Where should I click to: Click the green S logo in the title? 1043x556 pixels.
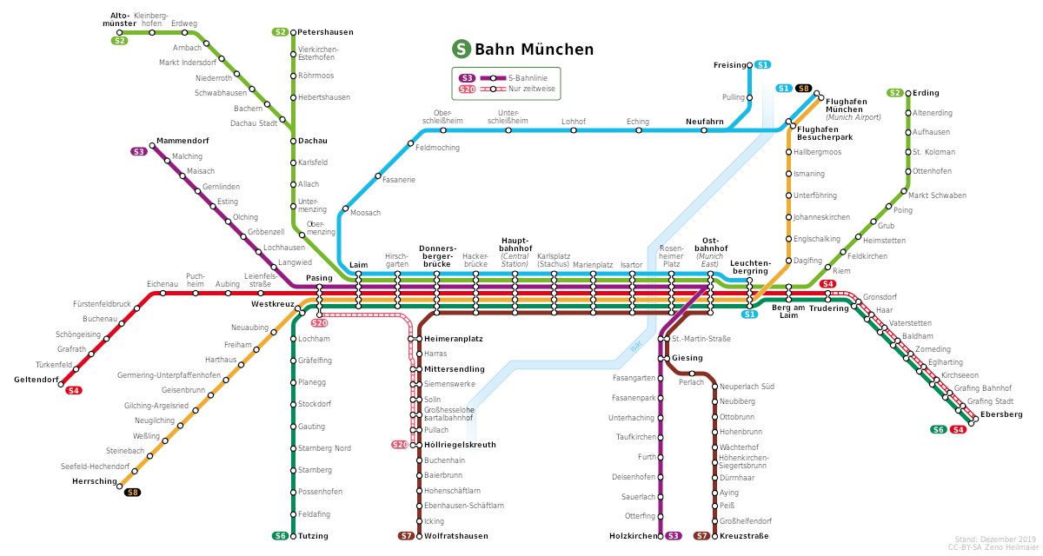461,50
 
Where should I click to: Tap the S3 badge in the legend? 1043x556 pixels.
468,77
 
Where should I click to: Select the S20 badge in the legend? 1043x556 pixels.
468,89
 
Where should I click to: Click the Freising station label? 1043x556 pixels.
729,65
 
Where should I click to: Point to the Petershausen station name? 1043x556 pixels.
326,32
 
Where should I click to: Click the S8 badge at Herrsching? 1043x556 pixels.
132,493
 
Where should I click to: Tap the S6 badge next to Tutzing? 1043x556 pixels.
280,536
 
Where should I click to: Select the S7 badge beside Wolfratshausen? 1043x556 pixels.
406,536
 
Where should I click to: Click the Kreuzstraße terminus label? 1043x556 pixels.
744,536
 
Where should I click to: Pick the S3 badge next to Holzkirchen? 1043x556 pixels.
674,536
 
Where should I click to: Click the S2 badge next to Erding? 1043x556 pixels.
894,93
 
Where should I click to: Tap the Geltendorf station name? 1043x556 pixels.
37,380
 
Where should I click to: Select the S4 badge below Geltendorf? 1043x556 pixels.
74,391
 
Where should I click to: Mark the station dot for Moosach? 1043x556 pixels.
345,209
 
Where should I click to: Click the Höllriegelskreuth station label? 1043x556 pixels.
460,445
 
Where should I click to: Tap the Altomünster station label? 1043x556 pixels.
125,19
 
